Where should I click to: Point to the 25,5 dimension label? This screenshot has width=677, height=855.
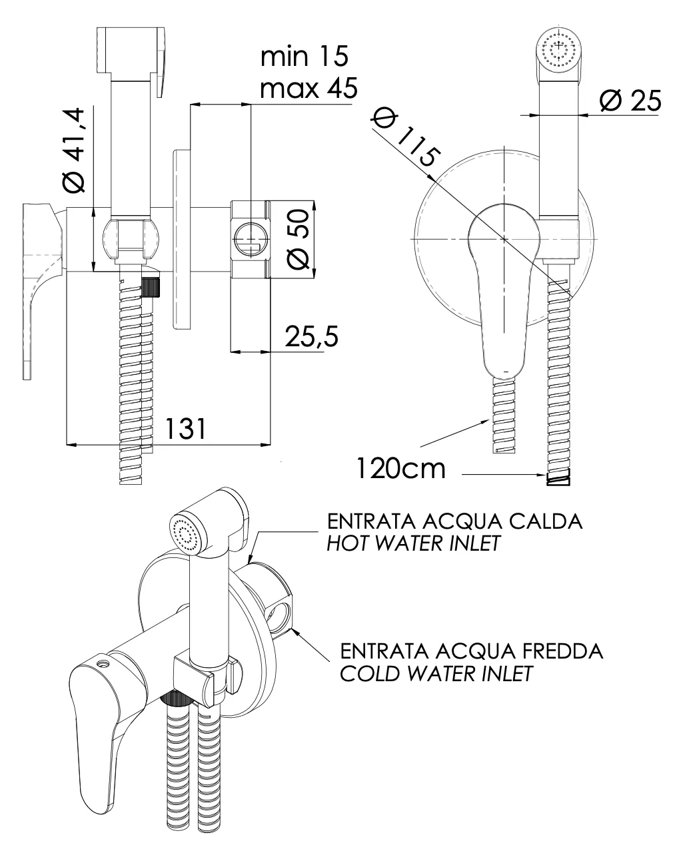tap(311, 337)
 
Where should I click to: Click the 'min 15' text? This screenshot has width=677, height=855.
tap(304, 57)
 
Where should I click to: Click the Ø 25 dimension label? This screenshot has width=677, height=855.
tap(630, 101)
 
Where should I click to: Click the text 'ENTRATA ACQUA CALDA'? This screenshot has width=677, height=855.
tap(454, 521)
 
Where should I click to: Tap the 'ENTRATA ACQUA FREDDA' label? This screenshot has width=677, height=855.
tap(471, 651)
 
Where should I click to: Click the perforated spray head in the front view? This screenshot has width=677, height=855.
tap(558, 49)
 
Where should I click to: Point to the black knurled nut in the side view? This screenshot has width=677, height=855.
tap(153, 288)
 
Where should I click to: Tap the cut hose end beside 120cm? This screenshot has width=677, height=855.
tap(559, 477)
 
